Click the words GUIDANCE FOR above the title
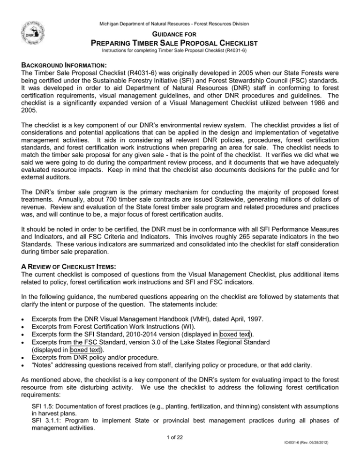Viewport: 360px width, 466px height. (180, 34)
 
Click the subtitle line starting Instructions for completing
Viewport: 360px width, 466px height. (180, 51)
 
